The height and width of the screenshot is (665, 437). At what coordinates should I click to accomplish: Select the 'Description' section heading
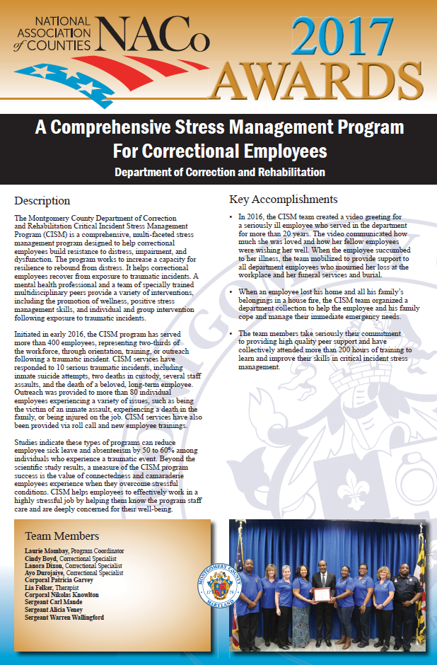click(x=42, y=201)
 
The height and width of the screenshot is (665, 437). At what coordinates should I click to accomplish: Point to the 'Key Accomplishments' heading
click(x=284, y=199)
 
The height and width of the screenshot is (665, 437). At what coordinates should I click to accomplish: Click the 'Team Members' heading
click(x=62, y=536)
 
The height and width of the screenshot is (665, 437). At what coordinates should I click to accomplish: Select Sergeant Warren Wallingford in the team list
click(x=64, y=618)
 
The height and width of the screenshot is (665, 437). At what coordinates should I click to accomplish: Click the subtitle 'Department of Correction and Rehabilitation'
click(x=219, y=172)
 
